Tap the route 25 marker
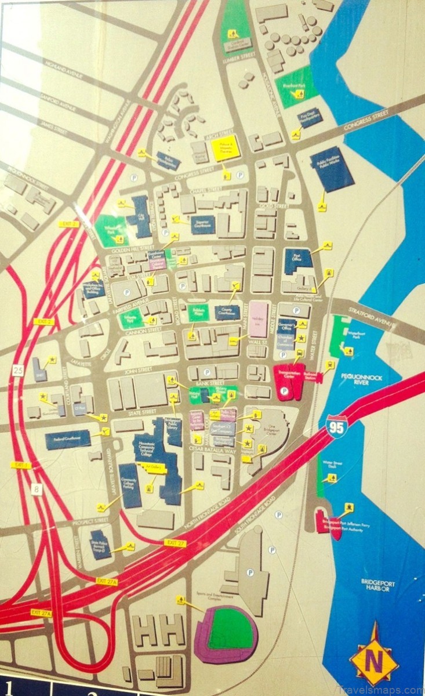point(19,369)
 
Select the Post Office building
point(298,261)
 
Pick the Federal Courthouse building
point(68,439)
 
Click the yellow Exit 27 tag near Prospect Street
point(174,542)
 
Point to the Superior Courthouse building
point(203,224)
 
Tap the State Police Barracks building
point(100,544)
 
